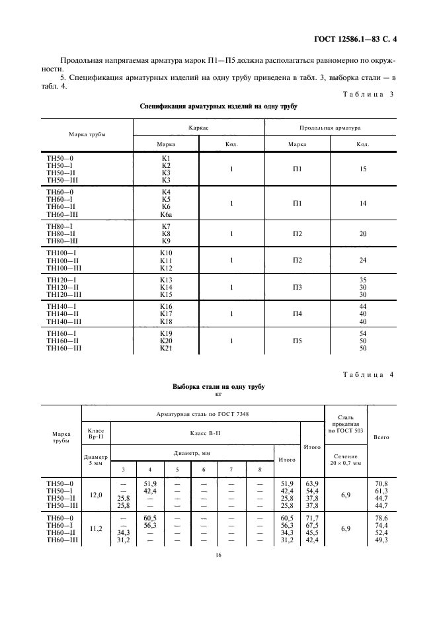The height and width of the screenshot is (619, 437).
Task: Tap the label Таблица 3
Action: coord(368,94)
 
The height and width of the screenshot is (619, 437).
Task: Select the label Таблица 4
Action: coord(368,375)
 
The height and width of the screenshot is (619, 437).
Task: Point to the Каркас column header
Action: coord(199,125)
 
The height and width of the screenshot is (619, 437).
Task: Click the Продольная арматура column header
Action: coord(329,125)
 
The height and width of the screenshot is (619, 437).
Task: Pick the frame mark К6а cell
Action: coord(166,214)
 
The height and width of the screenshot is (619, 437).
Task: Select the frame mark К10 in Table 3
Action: coord(166,253)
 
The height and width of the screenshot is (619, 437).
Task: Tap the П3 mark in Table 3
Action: coord(297,287)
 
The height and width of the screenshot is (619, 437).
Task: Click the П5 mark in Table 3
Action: coord(297,341)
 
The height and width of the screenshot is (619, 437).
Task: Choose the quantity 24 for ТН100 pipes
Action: coord(362,261)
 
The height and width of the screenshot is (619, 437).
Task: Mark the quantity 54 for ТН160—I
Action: coord(362,333)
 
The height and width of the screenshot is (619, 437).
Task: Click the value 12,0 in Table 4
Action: coord(95,494)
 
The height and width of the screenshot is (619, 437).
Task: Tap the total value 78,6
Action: coord(381,518)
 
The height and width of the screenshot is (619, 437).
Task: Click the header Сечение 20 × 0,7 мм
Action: coord(344,460)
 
